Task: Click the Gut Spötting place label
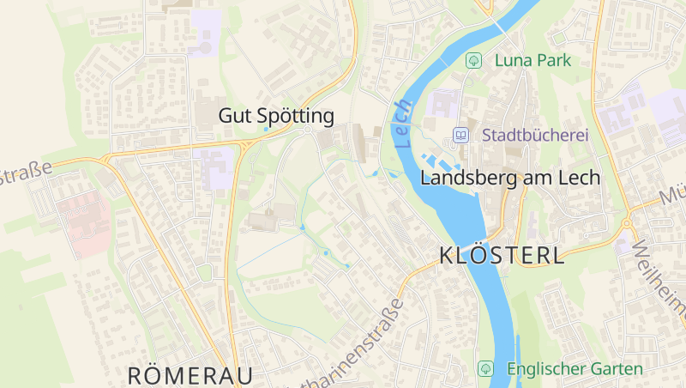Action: (275, 115)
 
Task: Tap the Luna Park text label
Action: (532, 60)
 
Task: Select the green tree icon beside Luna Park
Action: (472, 60)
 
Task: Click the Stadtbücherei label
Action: (534, 135)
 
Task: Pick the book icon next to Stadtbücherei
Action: (461, 135)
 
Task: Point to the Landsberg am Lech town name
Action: (509, 178)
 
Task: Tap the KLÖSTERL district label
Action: (502, 255)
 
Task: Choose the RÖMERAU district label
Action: (190, 375)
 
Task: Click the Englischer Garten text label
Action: (574, 369)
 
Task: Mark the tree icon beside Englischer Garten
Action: (485, 368)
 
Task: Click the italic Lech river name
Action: (403, 124)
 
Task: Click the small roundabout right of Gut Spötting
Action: (307, 130)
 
